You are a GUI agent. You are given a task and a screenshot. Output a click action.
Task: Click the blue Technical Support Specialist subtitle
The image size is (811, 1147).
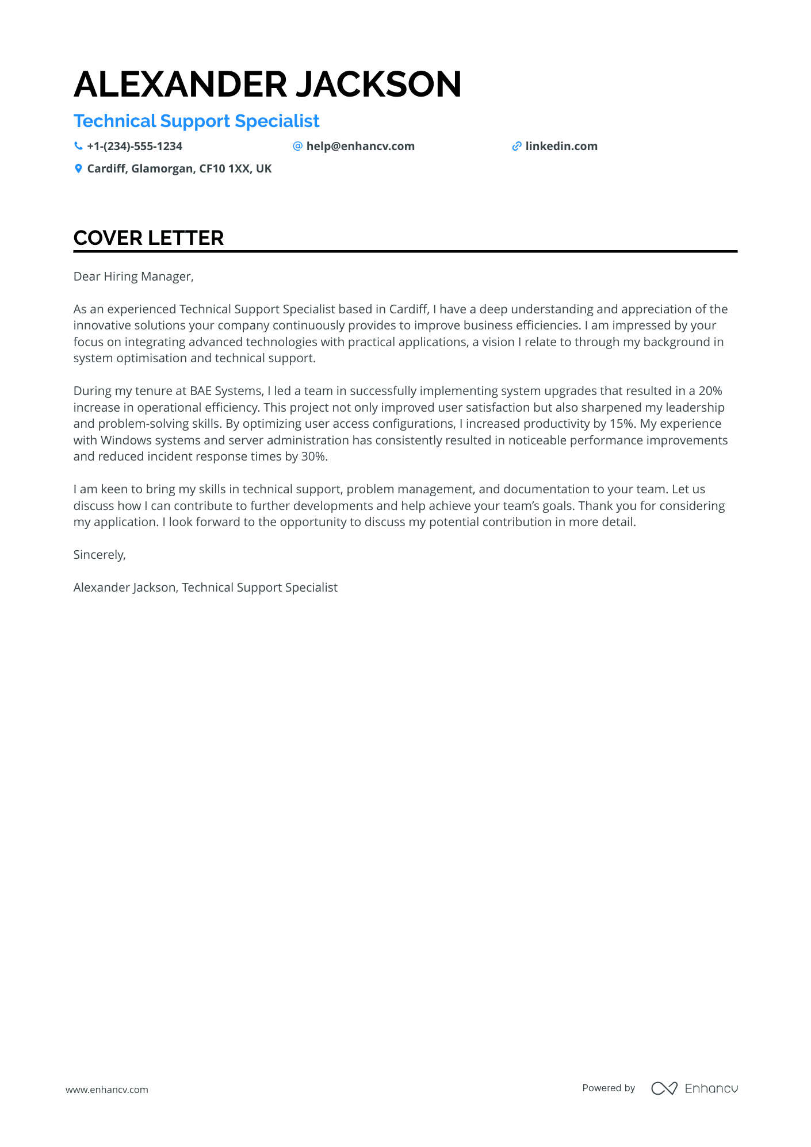coord(196,121)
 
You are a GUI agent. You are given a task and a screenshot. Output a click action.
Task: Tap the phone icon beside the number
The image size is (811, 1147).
coord(78,146)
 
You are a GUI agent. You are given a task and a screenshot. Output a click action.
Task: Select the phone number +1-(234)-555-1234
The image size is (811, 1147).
coord(135,147)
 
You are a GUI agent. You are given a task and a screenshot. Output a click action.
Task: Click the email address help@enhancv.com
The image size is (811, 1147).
coord(360,147)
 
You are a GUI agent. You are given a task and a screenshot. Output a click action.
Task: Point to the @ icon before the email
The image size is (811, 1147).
coord(297,146)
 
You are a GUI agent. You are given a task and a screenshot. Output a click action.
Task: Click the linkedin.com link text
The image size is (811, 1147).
coord(561,147)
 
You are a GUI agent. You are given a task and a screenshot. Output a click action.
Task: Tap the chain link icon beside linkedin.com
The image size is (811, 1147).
coord(517,147)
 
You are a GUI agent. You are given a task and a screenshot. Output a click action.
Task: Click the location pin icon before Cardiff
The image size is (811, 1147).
coord(78,169)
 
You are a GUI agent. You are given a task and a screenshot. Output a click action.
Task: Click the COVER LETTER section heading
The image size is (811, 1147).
coord(148,238)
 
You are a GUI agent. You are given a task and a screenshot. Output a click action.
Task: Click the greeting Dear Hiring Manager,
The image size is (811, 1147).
coord(133,277)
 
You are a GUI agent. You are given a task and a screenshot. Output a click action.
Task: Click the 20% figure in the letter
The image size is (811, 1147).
coord(710,391)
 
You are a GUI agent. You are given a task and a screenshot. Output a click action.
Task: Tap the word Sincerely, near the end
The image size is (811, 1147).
coord(100,555)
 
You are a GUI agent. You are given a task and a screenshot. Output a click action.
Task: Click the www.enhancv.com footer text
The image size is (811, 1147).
coord(107,1090)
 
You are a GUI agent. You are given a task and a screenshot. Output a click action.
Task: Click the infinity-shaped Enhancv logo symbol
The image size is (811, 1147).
coord(664,1088)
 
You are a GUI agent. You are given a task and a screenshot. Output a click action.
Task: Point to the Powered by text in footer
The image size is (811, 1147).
coord(609,1088)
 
